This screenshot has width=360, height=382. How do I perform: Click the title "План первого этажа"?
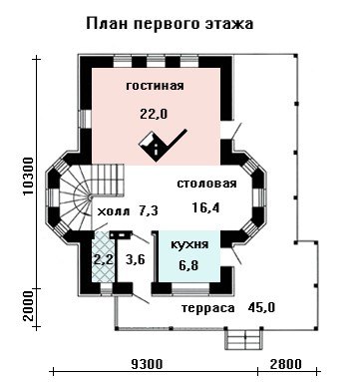170,24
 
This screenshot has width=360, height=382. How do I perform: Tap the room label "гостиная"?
155,86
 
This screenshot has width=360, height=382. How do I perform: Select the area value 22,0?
154,114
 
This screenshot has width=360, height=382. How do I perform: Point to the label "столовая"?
206,184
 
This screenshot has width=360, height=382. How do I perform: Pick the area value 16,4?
206,207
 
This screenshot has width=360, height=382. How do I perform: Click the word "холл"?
113,211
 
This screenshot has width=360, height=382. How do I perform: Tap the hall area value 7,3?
147,210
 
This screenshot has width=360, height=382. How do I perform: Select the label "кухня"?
189,245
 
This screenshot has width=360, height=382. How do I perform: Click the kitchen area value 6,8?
188,265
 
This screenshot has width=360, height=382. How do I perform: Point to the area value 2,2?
103,259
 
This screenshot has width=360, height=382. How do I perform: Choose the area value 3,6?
136,259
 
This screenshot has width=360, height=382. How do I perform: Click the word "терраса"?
208,308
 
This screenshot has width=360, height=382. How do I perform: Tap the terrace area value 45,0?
261,307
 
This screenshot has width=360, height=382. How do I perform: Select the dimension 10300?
29,177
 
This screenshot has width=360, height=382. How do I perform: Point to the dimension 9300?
147,364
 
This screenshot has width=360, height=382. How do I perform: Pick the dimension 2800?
286,364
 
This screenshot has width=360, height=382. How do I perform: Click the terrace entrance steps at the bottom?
243,338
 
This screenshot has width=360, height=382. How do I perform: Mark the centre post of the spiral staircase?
90,198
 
